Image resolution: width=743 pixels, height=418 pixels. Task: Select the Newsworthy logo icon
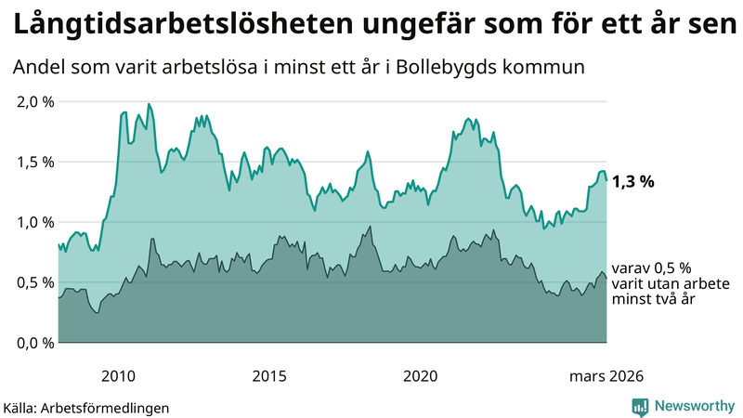[640, 406]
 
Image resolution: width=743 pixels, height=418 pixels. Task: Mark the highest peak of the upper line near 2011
[150, 104]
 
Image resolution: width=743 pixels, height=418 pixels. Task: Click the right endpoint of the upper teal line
[606, 181]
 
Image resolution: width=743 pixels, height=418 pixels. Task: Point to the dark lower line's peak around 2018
[370, 227]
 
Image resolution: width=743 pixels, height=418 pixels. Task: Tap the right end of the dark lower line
[606, 280]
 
